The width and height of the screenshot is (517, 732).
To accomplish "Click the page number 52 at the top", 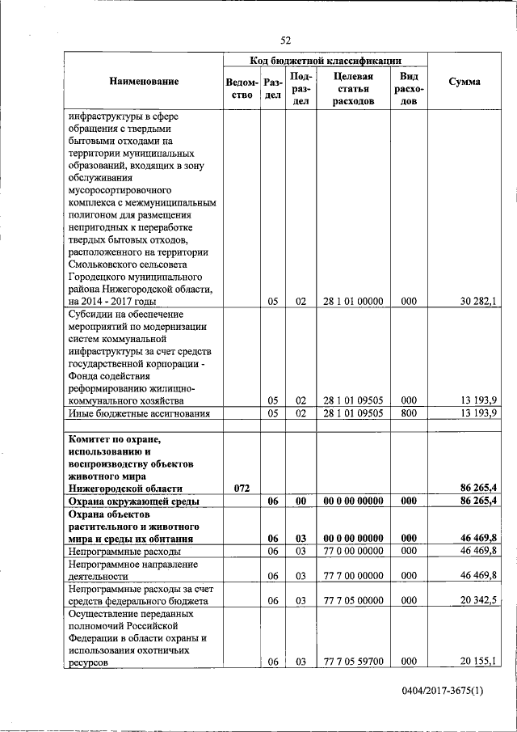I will pos(286,40).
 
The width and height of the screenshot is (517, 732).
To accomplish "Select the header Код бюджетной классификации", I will pos(326,60).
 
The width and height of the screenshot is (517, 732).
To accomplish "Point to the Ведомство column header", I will pos(242,88).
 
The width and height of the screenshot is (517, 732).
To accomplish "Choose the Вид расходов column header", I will pos(409,88).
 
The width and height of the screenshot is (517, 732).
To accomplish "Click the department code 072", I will pos(242,488).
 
